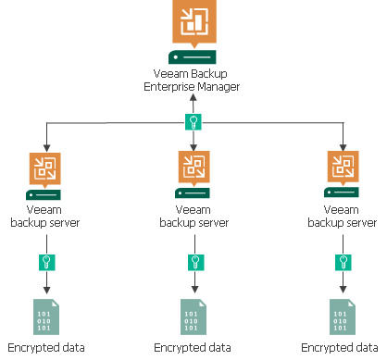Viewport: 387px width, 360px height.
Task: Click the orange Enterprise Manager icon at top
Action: pyautogui.click(x=193, y=22)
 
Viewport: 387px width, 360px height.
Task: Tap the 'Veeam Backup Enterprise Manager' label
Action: pyautogui.click(x=193, y=80)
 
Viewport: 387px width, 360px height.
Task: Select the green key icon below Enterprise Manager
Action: pyautogui.click(x=193, y=122)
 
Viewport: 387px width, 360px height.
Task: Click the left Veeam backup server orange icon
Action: pyautogui.click(x=43, y=168)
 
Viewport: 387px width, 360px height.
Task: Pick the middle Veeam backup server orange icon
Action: pyautogui.click(x=193, y=168)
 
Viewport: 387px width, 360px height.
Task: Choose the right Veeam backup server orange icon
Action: pyautogui.click(x=344, y=168)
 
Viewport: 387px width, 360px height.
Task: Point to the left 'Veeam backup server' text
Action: pyautogui.click(x=43, y=217)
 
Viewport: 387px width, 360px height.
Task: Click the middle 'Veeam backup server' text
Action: pyautogui.click(x=193, y=217)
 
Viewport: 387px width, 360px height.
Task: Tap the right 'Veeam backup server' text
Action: pyautogui.click(x=344, y=217)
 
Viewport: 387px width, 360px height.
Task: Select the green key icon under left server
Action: pyautogui.click(x=43, y=262)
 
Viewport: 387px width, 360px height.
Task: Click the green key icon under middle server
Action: pyautogui.click(x=193, y=262)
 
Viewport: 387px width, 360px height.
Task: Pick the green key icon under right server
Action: pyautogui.click(x=344, y=262)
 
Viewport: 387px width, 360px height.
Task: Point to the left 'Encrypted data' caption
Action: pyautogui.click(x=43, y=348)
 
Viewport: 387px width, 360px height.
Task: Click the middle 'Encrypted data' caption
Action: pyautogui.click(x=193, y=348)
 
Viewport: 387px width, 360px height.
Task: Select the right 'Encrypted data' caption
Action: pyautogui.click(x=344, y=348)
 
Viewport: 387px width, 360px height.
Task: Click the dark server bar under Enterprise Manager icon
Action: pyautogui.click(x=193, y=56)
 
